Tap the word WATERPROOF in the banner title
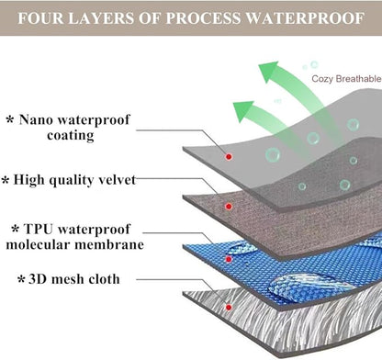(305, 18)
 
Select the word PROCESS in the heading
(203, 18)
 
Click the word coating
(71, 136)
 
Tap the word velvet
(117, 180)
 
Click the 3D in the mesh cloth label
(37, 279)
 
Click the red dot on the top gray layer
(229, 157)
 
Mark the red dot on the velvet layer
(229, 207)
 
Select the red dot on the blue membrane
(229, 260)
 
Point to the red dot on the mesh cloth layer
(229, 307)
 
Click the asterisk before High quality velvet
(6, 180)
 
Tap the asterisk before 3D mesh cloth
(21, 279)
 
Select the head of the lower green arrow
(243, 111)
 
